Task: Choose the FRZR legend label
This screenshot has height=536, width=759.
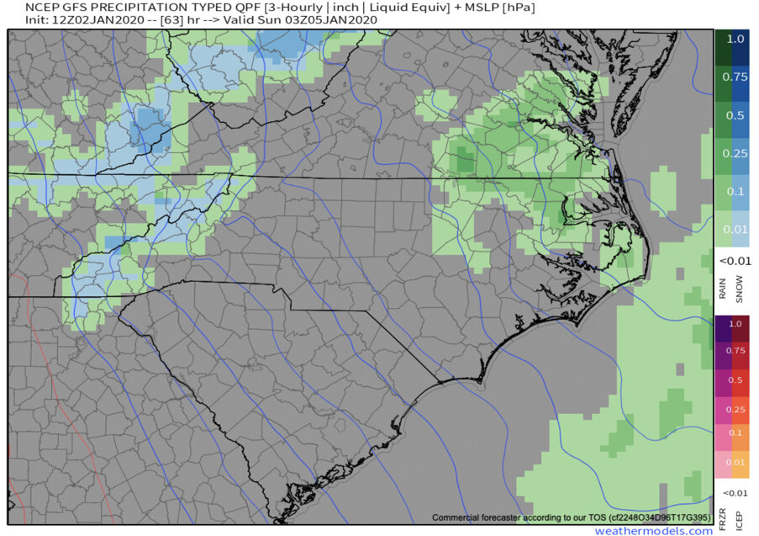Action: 723,518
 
